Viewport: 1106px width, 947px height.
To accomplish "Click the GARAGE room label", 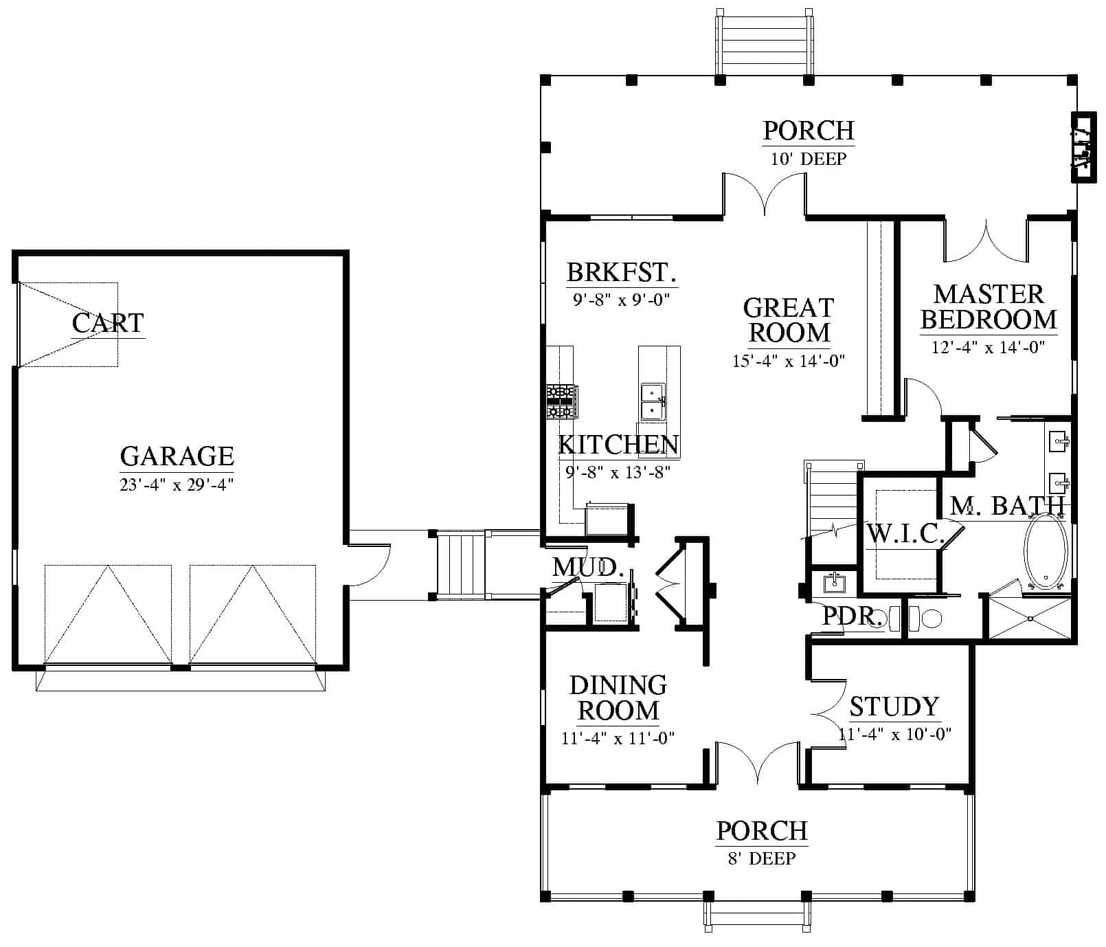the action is (177, 456).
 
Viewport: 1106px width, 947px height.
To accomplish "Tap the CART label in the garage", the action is (108, 322).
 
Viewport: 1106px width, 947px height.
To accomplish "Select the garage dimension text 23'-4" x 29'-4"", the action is (177, 485).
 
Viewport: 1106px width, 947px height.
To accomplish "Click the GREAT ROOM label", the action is (789, 320).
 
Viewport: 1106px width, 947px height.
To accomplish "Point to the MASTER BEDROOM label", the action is (989, 307).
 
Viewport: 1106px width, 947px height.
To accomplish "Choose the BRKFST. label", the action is (622, 273).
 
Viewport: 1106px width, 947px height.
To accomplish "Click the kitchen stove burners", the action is (562, 402).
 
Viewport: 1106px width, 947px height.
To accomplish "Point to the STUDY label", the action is (894, 706).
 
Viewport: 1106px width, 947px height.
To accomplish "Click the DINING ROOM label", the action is (618, 698).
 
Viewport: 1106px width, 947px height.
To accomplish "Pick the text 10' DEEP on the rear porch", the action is (809, 159).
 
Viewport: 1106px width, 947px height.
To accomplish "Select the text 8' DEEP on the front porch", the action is (763, 858).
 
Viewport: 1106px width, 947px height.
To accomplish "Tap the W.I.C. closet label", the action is (906, 534).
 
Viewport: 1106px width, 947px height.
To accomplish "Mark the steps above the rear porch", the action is (764, 43).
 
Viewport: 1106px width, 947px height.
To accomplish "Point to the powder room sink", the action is (835, 582).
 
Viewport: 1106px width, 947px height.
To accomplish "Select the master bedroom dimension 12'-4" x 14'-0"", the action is (989, 348).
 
